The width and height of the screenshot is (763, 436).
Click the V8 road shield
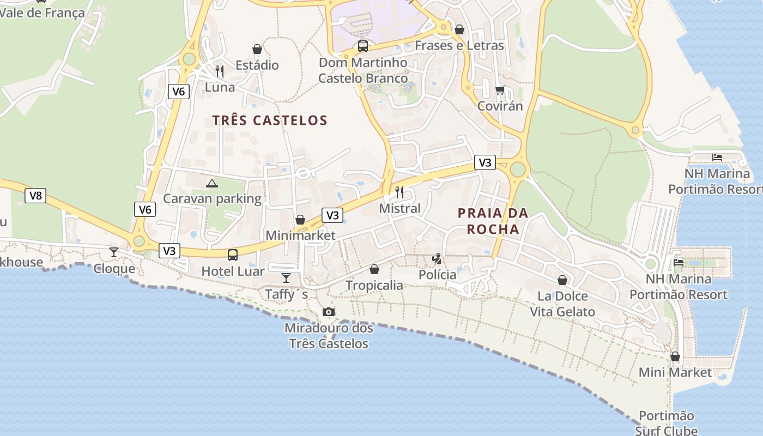(35, 196)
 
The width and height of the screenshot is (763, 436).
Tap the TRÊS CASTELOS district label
(270, 120)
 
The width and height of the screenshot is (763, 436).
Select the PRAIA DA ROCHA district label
(493, 221)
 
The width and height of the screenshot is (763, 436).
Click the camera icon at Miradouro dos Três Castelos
(328, 312)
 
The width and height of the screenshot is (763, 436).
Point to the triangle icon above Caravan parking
(212, 183)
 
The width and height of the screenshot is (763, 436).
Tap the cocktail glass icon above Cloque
(114, 252)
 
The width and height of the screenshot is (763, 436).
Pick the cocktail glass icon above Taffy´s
(286, 278)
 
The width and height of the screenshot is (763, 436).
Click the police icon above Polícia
(437, 258)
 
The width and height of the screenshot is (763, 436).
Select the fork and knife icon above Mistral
(399, 192)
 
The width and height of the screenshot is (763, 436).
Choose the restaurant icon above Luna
(220, 71)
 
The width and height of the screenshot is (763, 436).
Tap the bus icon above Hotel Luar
(233, 255)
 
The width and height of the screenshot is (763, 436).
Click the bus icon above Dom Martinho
(363, 46)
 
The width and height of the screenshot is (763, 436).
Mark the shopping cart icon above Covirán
(500, 90)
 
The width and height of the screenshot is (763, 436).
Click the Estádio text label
(257, 65)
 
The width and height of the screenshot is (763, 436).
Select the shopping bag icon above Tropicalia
(374, 269)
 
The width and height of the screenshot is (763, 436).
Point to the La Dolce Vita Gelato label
(562, 304)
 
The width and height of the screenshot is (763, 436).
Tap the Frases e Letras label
(459, 46)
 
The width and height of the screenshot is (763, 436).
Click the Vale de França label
(43, 13)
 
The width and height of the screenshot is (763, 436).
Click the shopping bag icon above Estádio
(257, 50)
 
